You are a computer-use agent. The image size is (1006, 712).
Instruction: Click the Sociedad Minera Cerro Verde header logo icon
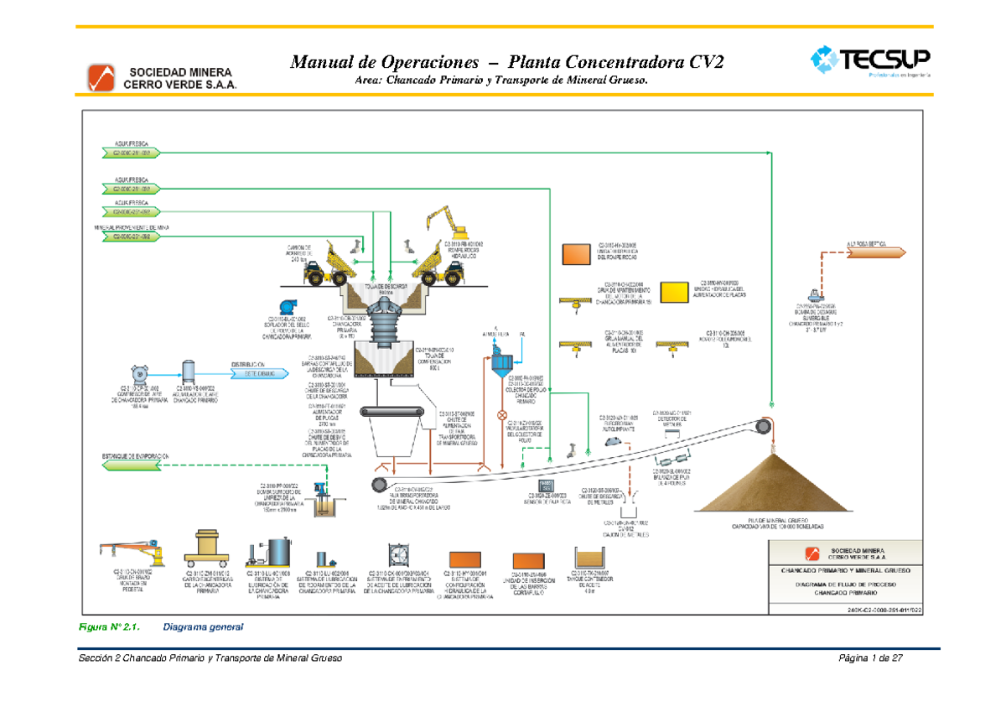click(101, 77)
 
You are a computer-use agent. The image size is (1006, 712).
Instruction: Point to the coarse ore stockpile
click(774, 484)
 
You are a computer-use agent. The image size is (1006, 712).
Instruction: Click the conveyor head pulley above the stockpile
click(762, 426)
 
